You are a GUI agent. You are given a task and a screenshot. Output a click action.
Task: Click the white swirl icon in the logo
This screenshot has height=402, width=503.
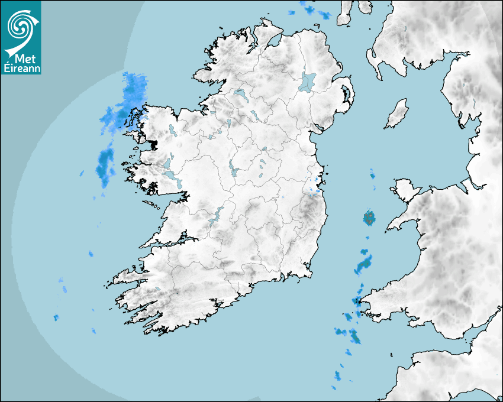pyautogui.click(x=21, y=26)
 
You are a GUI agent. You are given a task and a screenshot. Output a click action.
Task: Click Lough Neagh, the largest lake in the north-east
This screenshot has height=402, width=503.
pyautogui.click(x=308, y=82)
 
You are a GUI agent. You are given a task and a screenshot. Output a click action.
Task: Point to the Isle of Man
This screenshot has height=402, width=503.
pyautogui.click(x=397, y=114)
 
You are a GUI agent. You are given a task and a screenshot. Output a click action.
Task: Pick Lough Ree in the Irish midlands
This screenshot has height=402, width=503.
pyautogui.click(x=233, y=170)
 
